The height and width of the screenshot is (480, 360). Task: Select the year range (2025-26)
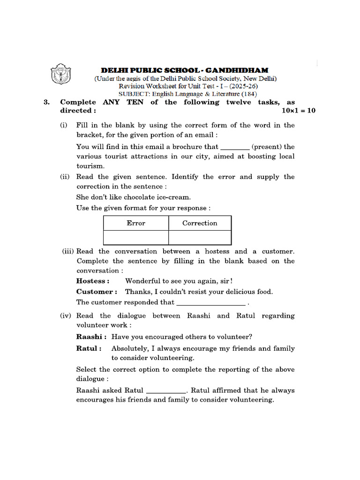(x=242, y=86)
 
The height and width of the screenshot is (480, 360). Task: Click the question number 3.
(x=46, y=102)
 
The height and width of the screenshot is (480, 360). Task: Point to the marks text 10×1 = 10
(x=299, y=111)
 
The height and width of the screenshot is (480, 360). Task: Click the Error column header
(x=136, y=223)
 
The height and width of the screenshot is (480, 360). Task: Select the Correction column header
(x=200, y=223)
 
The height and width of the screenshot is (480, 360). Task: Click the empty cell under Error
(x=136, y=237)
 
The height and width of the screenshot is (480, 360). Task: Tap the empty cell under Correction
(x=200, y=237)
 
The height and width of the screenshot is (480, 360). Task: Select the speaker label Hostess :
(x=93, y=281)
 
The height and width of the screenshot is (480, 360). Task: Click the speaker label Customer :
(x=97, y=292)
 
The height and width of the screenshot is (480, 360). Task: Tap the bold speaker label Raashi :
(x=91, y=337)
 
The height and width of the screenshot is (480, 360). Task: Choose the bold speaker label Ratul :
(x=89, y=348)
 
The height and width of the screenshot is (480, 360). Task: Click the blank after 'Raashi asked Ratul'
(x=166, y=390)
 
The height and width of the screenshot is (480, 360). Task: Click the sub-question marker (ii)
(x=64, y=177)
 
